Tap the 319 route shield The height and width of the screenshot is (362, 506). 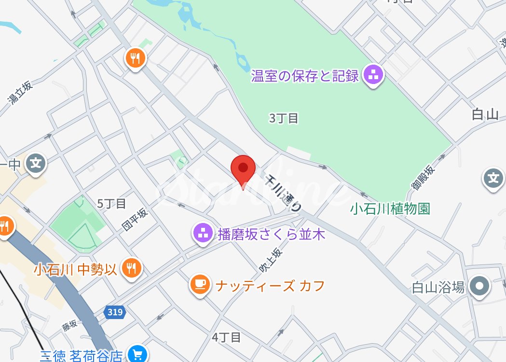coord(115,312)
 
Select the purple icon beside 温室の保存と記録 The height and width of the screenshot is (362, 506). coord(373,75)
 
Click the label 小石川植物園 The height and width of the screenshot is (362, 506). coord(390,209)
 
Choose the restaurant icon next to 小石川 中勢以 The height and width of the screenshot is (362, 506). coord(131,267)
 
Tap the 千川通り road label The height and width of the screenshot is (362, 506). coord(284,192)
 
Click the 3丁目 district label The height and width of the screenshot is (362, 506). coord(284,118)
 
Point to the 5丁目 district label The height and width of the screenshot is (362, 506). coord(111,204)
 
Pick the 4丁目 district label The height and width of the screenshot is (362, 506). coord(226,337)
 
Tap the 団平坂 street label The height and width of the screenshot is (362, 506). coord(134,219)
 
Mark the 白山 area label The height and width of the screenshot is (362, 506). coord(484,114)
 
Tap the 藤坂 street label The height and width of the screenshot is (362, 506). coord(69,326)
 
